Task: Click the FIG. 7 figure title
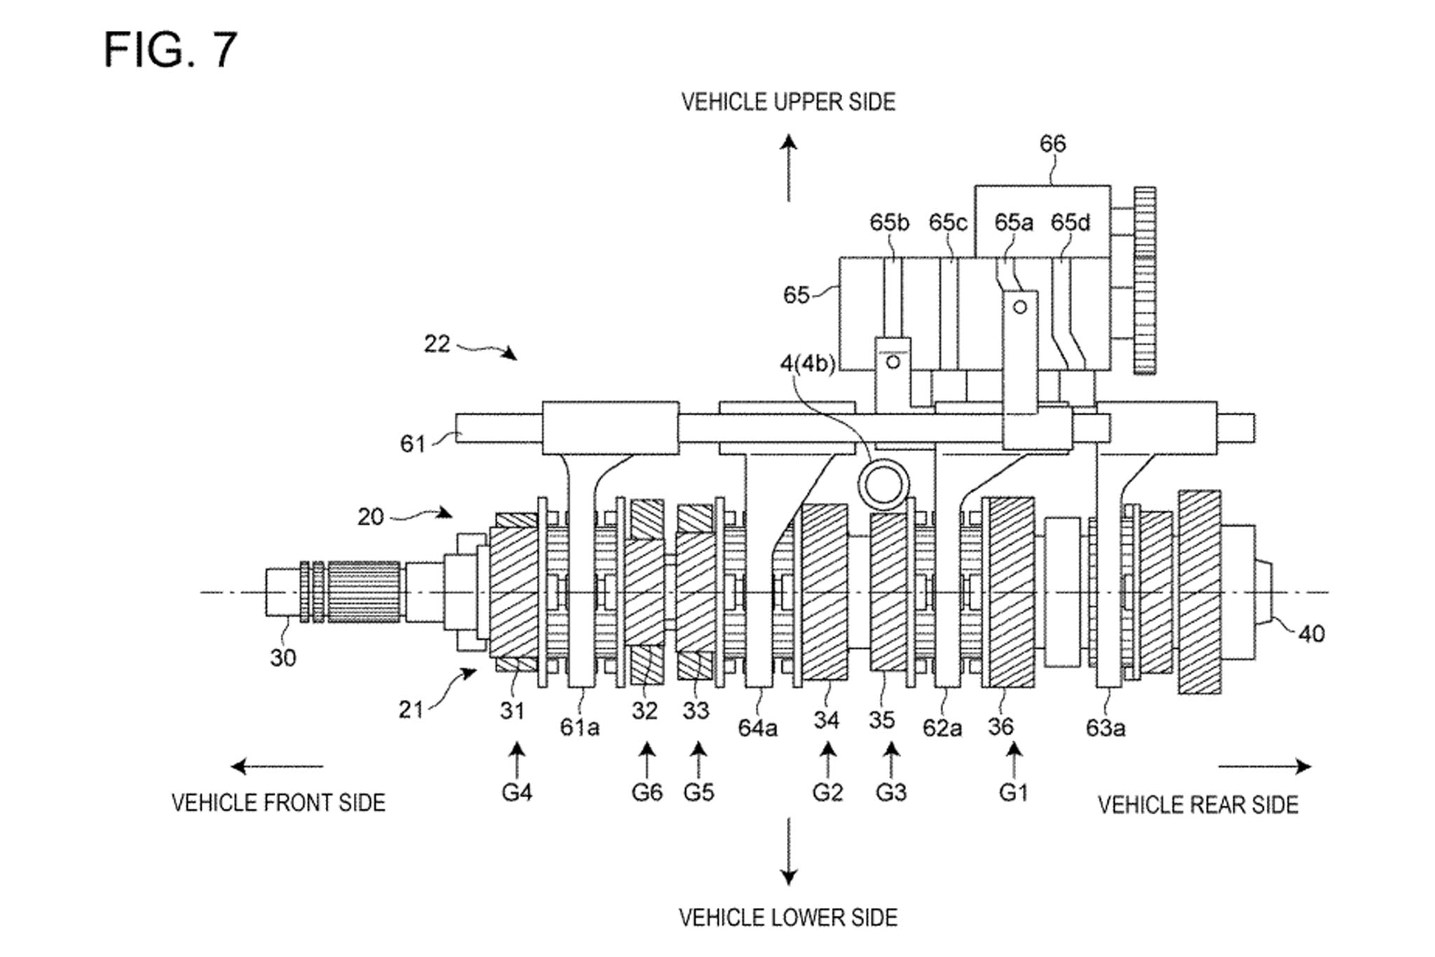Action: click(170, 50)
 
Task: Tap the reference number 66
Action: click(1052, 144)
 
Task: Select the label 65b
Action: click(889, 222)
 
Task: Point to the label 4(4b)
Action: click(808, 364)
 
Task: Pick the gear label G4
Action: click(517, 792)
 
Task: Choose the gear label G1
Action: click(1013, 792)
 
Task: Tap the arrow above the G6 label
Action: click(647, 759)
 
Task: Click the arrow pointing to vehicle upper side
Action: click(789, 168)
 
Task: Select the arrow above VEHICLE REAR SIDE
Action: click(1265, 766)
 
